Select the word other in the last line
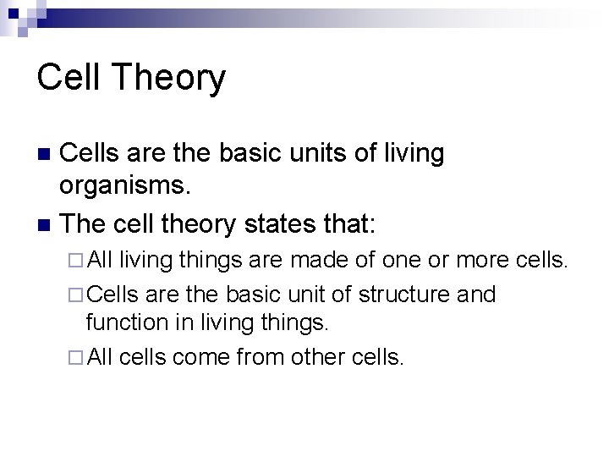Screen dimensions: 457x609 tap(311, 356)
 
